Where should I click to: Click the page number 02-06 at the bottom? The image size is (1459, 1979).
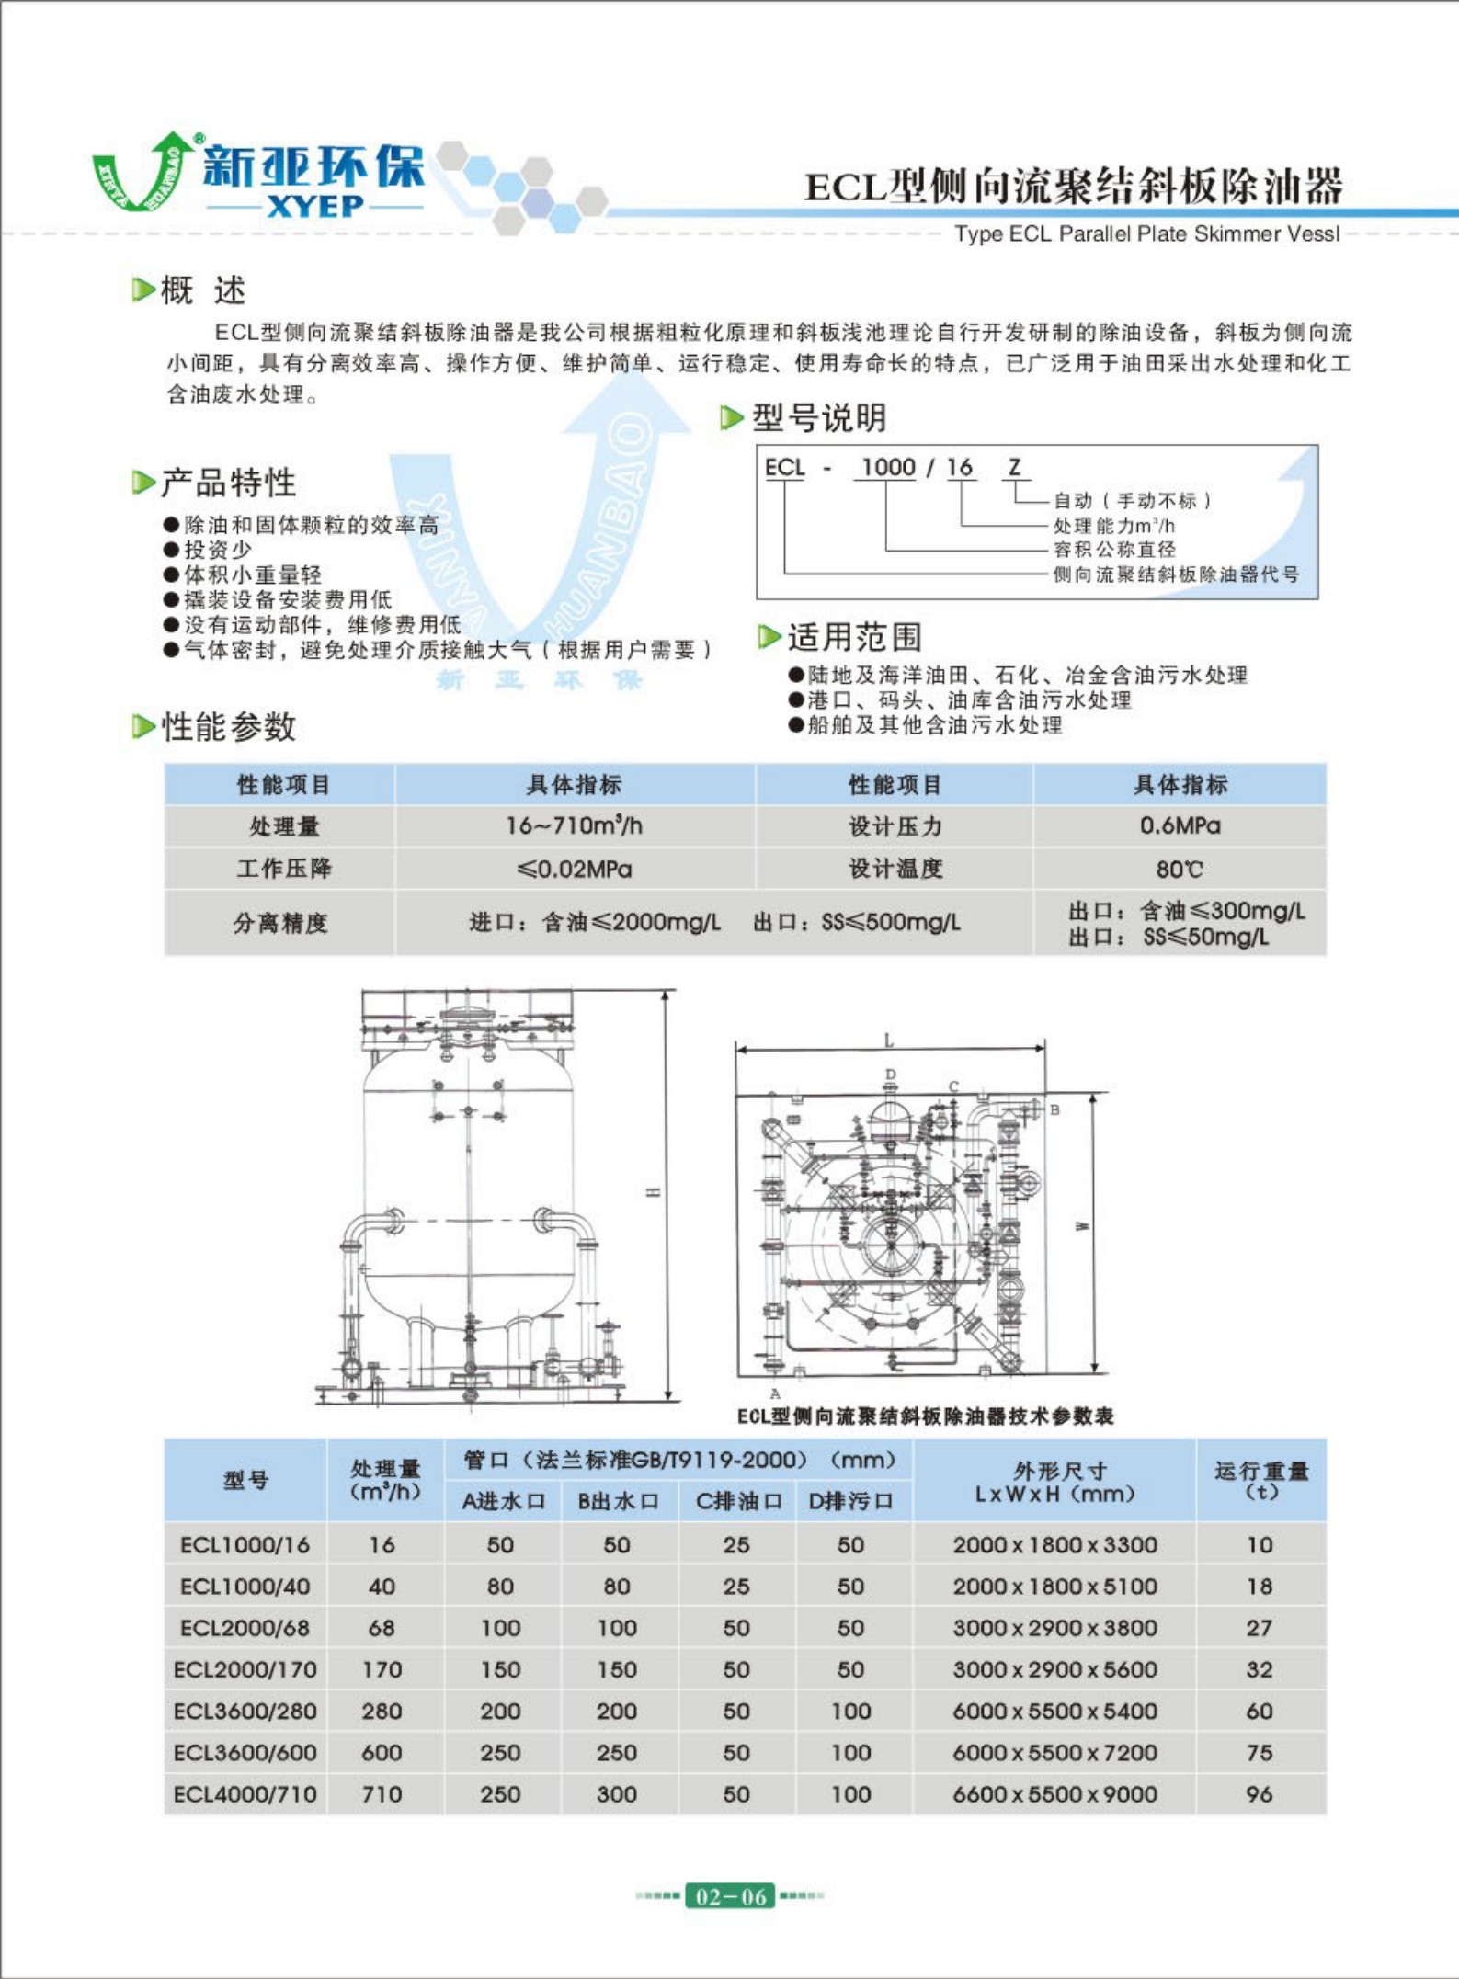pos(730,1896)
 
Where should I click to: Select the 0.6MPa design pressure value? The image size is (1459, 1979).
pos(1180,825)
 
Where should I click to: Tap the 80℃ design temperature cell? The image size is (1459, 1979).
pos(1180,869)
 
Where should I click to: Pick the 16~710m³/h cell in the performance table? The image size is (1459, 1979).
pos(575,825)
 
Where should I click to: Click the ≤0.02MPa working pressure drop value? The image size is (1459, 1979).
pos(575,869)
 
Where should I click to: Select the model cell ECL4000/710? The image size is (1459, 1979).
pos(245,1793)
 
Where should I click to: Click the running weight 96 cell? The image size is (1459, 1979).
pos(1259,1793)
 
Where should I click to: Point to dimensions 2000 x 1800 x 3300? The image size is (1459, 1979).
pos(1054,1544)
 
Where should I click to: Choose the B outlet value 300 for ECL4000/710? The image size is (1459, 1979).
pos(617,1793)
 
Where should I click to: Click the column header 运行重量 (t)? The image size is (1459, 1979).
pos(1260,1479)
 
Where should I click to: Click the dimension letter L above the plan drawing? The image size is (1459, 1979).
pos(888,1041)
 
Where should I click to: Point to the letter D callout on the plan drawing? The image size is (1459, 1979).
pos(890,1074)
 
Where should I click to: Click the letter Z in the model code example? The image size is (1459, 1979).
pos(1014,467)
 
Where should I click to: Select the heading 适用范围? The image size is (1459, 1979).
pos(853,636)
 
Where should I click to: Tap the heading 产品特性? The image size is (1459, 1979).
pos(228,482)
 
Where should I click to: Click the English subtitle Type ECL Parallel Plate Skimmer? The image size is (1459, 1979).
pos(1146,233)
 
